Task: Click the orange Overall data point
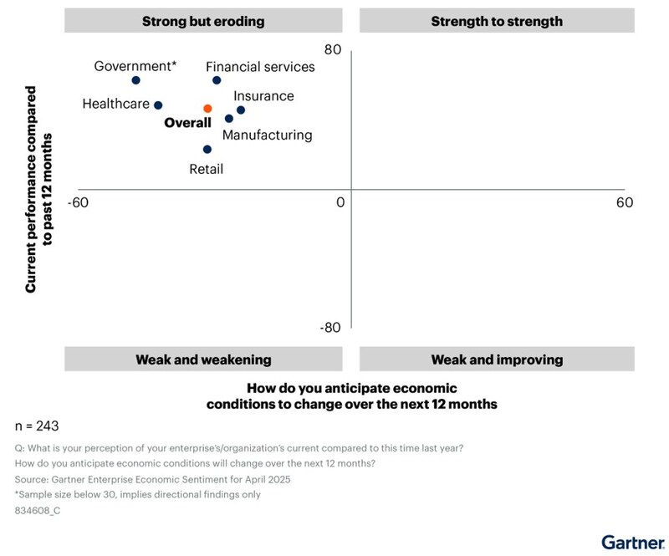[x=207, y=109]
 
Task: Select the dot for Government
[x=135, y=80]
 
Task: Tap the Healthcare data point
[x=158, y=105]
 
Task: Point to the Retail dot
[x=207, y=150]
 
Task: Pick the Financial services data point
[x=217, y=80]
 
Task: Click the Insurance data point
[x=241, y=110]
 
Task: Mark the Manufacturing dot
[x=229, y=119]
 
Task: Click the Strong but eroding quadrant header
[x=203, y=21]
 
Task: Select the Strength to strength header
[x=497, y=21]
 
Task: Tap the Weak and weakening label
[x=203, y=360]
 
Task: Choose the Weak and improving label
[x=497, y=360]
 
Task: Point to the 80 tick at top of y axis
[x=332, y=50]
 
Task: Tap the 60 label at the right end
[x=625, y=202]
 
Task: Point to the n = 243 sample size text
[x=37, y=425]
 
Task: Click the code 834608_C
[x=38, y=511]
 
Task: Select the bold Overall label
[x=187, y=123]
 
